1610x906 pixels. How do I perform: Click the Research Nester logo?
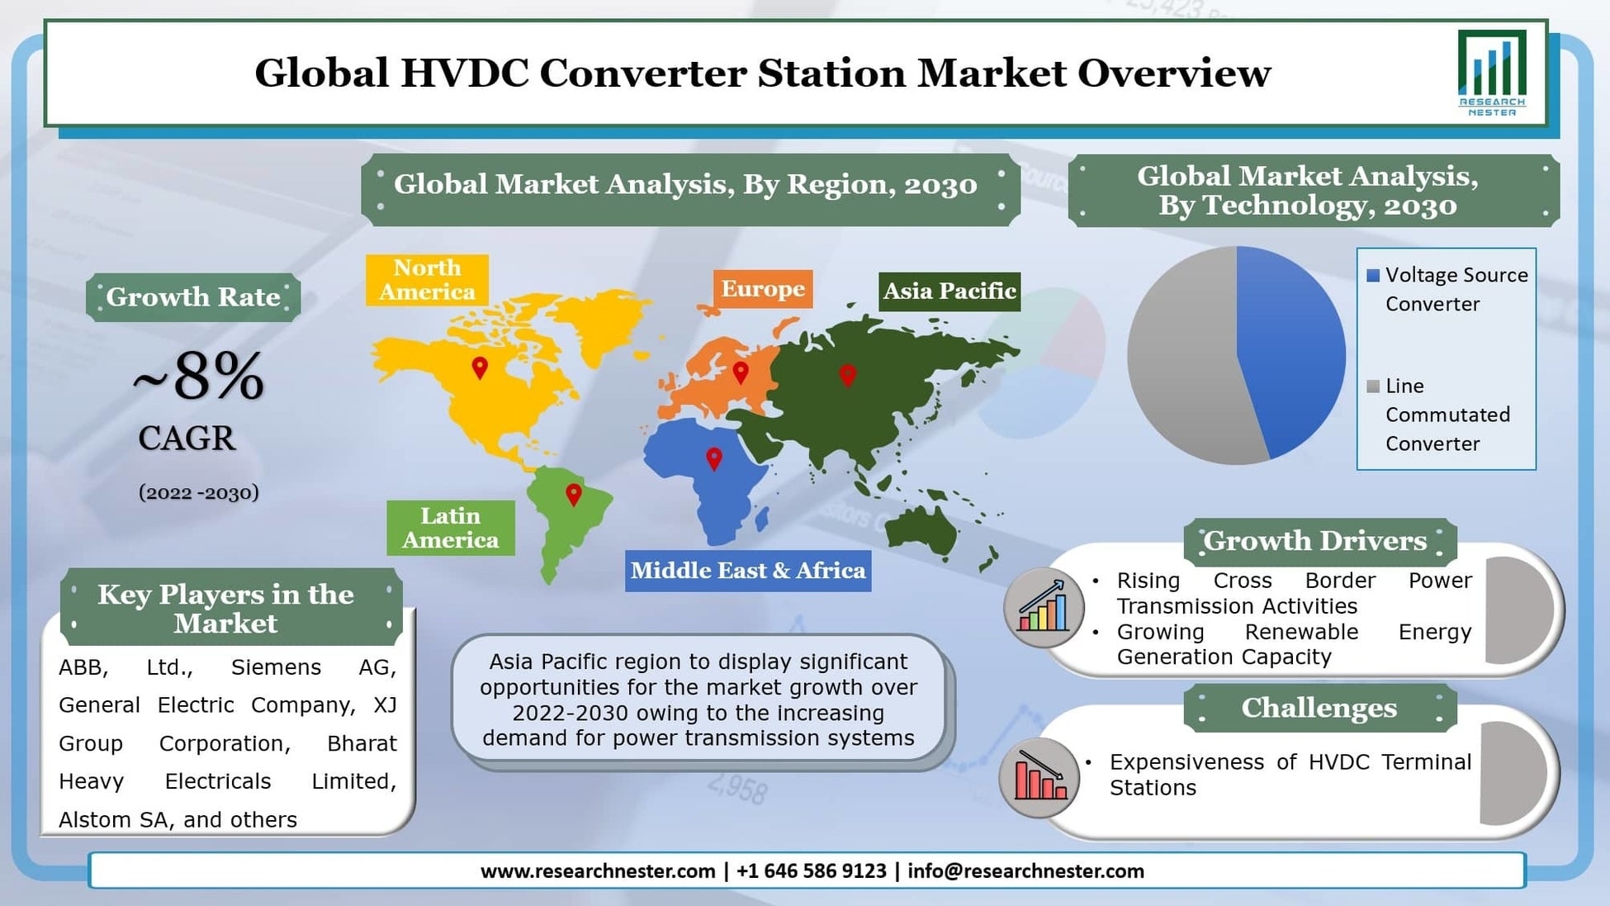(1492, 73)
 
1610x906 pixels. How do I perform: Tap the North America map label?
(427, 280)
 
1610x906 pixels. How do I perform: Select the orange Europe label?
(763, 289)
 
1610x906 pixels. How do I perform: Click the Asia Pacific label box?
(949, 292)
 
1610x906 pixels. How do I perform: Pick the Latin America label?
(451, 528)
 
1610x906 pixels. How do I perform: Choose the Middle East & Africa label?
(748, 571)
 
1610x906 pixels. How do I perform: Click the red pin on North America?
(480, 368)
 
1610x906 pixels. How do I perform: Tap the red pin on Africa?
(714, 458)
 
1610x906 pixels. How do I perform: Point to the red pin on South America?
(573, 495)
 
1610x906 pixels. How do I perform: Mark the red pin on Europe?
(741, 372)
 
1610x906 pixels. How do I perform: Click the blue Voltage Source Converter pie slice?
(1292, 347)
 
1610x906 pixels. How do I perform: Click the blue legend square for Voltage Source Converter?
(1373, 276)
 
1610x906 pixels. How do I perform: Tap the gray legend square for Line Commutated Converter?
(1373, 387)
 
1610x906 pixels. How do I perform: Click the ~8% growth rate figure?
(199, 377)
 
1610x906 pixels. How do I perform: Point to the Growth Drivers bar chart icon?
(1044, 608)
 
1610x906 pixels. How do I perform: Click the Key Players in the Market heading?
(225, 609)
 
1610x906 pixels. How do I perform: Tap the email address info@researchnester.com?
(1025, 871)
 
